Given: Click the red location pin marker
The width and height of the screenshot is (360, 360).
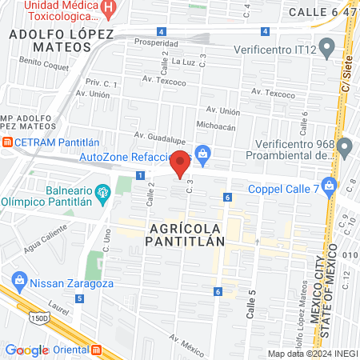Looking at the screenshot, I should (181, 162).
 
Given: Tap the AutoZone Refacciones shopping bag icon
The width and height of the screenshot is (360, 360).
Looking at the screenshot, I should (203, 152).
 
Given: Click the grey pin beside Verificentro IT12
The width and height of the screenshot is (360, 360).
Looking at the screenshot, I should (326, 45).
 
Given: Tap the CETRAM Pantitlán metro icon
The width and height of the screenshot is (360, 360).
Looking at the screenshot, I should (6, 142).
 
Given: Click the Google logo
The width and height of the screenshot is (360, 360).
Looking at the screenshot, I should (26, 350).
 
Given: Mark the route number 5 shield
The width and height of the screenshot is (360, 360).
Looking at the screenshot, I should (79, 298).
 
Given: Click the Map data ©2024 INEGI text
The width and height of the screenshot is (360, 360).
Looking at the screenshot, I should (312, 353).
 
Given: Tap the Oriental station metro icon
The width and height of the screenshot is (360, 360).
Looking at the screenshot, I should (97, 350).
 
